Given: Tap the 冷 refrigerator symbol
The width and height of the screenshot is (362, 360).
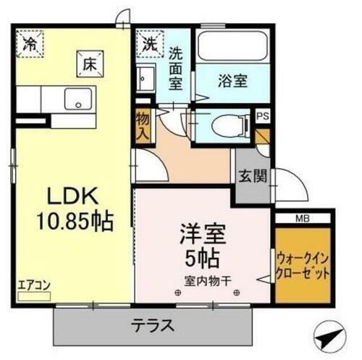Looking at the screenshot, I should (29, 43).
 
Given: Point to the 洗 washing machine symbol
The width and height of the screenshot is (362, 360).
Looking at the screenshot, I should (149, 43).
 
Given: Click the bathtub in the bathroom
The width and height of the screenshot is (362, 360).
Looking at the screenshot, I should (230, 49).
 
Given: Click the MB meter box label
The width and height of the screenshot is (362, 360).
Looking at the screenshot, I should (303, 217).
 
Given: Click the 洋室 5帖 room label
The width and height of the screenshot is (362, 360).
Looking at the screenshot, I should (203, 246).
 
